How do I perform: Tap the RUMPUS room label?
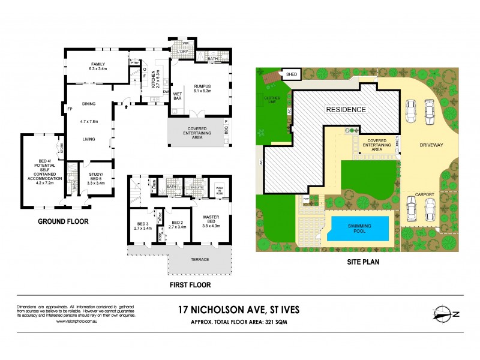[x=202, y=88]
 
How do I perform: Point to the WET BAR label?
[x=178, y=95]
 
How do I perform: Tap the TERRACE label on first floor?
[x=200, y=259]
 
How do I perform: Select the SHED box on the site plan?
[x=292, y=74]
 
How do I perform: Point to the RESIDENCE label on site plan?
[x=346, y=110]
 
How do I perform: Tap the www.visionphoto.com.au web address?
[x=78, y=322]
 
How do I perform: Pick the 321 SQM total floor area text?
[x=281, y=321]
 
